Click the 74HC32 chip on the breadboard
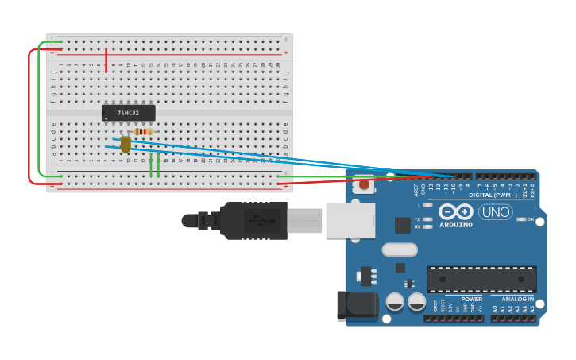pos(128,113)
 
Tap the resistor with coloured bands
pos(144,131)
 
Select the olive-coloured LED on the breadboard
pos(126,144)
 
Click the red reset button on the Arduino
pos(364,185)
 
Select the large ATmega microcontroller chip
pos(481,279)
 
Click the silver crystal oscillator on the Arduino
pos(399,250)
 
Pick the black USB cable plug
pos(254,220)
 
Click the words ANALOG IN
pos(517,299)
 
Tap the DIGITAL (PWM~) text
pos(493,195)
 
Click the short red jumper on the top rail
pos(106,60)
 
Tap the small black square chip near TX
pos(403,225)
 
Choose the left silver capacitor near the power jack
pos(395,302)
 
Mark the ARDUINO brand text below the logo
pos(456,225)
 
